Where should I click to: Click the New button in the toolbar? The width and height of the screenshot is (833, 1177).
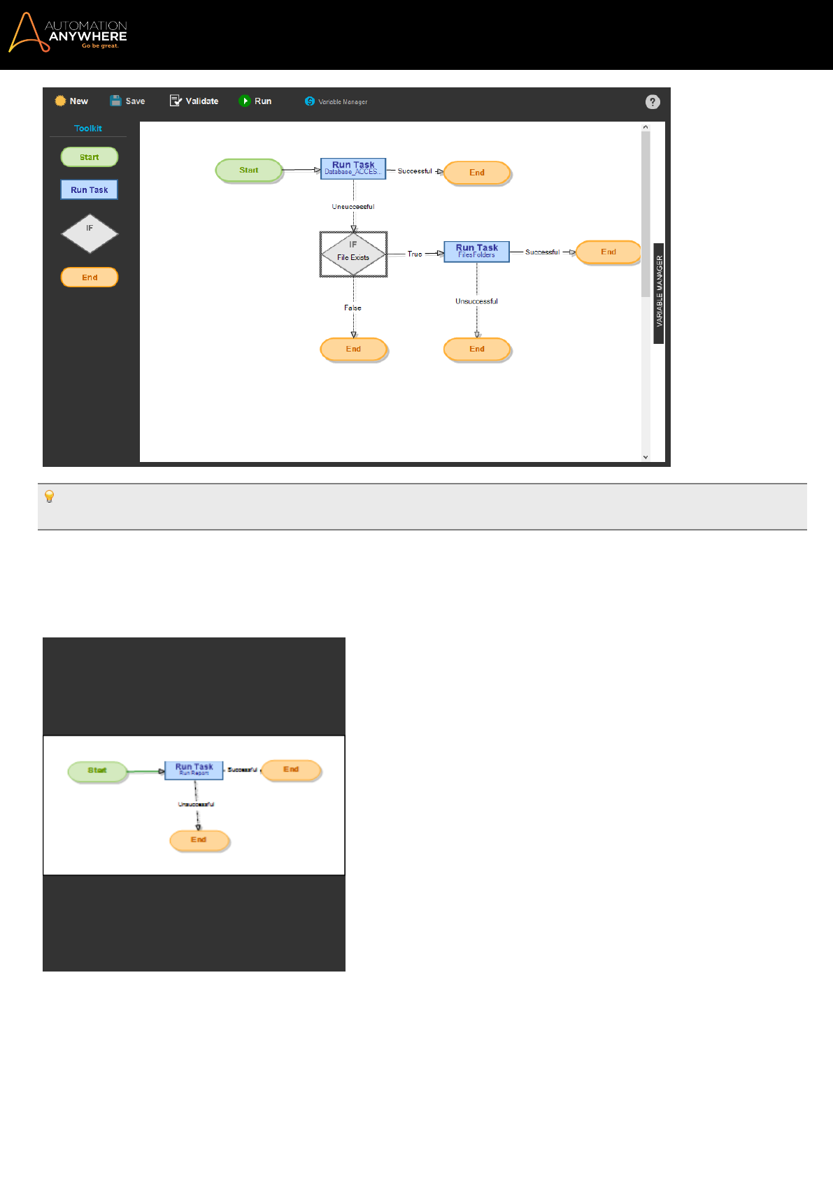71,101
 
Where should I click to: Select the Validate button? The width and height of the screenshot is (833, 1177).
194,101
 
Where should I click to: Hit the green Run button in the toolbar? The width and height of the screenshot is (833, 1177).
255,101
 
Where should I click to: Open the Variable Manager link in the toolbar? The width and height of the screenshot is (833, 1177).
336,102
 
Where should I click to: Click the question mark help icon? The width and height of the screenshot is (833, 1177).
653,102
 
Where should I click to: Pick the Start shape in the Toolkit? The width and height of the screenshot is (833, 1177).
90,157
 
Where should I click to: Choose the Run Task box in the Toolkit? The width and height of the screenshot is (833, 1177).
90,190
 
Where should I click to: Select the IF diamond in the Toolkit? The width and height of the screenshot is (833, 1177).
90,233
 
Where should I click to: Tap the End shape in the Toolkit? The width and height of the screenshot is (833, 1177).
90,277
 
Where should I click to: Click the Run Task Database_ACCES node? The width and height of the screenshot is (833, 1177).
353,168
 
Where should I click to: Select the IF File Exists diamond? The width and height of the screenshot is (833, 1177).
353,254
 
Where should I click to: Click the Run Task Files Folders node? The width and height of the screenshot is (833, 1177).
476,252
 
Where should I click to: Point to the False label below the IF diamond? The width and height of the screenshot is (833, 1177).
353,308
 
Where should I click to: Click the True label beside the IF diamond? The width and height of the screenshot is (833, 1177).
415,254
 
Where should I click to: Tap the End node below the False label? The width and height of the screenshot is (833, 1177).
353,349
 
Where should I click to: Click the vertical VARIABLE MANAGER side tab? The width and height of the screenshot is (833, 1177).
659,293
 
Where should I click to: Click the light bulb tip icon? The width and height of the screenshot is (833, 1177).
50,497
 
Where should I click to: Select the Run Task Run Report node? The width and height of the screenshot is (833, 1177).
194,770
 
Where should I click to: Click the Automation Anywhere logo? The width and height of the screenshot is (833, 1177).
68,33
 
